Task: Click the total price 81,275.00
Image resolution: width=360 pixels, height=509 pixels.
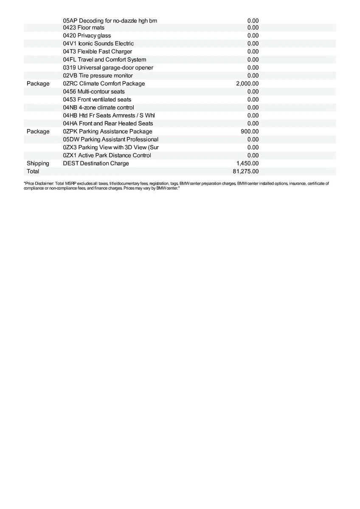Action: pyautogui.click(x=247, y=171)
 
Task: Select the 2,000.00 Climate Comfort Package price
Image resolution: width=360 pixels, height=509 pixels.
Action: pyautogui.click(x=247, y=84)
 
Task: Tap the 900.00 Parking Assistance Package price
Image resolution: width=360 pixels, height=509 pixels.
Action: pyautogui.click(x=250, y=131)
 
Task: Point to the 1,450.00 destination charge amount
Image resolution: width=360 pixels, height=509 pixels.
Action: pyautogui.click(x=247, y=163)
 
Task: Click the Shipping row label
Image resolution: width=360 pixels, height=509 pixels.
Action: pyautogui.click(x=38, y=163)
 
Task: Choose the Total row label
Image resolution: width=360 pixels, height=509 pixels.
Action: pyautogui.click(x=33, y=171)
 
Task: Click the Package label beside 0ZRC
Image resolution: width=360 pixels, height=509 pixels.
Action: pyautogui.click(x=38, y=84)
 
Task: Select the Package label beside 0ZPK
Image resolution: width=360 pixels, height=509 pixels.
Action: pyautogui.click(x=38, y=131)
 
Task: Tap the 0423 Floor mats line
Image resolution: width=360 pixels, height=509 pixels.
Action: pyautogui.click(x=84, y=28)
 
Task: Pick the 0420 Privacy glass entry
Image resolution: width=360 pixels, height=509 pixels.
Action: pyautogui.click(x=87, y=36)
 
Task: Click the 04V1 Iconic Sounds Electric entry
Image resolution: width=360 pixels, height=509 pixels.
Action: pyautogui.click(x=98, y=44)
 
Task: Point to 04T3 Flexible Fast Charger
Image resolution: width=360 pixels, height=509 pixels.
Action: pyautogui.click(x=97, y=52)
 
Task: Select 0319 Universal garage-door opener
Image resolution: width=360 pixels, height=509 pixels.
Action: pyautogui.click(x=108, y=67)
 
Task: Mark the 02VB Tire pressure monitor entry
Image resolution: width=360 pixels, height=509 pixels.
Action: pyautogui.click(x=98, y=76)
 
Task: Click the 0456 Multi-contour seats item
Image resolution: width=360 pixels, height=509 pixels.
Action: pyautogui.click(x=94, y=92)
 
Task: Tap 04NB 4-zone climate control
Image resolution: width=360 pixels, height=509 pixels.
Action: pyautogui.click(x=98, y=107)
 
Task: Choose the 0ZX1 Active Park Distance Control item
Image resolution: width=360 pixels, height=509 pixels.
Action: pyautogui.click(x=107, y=155)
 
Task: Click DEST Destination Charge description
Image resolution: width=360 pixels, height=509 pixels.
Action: pyautogui.click(x=96, y=163)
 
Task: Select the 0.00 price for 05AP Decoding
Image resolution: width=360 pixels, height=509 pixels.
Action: pyautogui.click(x=253, y=20)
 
